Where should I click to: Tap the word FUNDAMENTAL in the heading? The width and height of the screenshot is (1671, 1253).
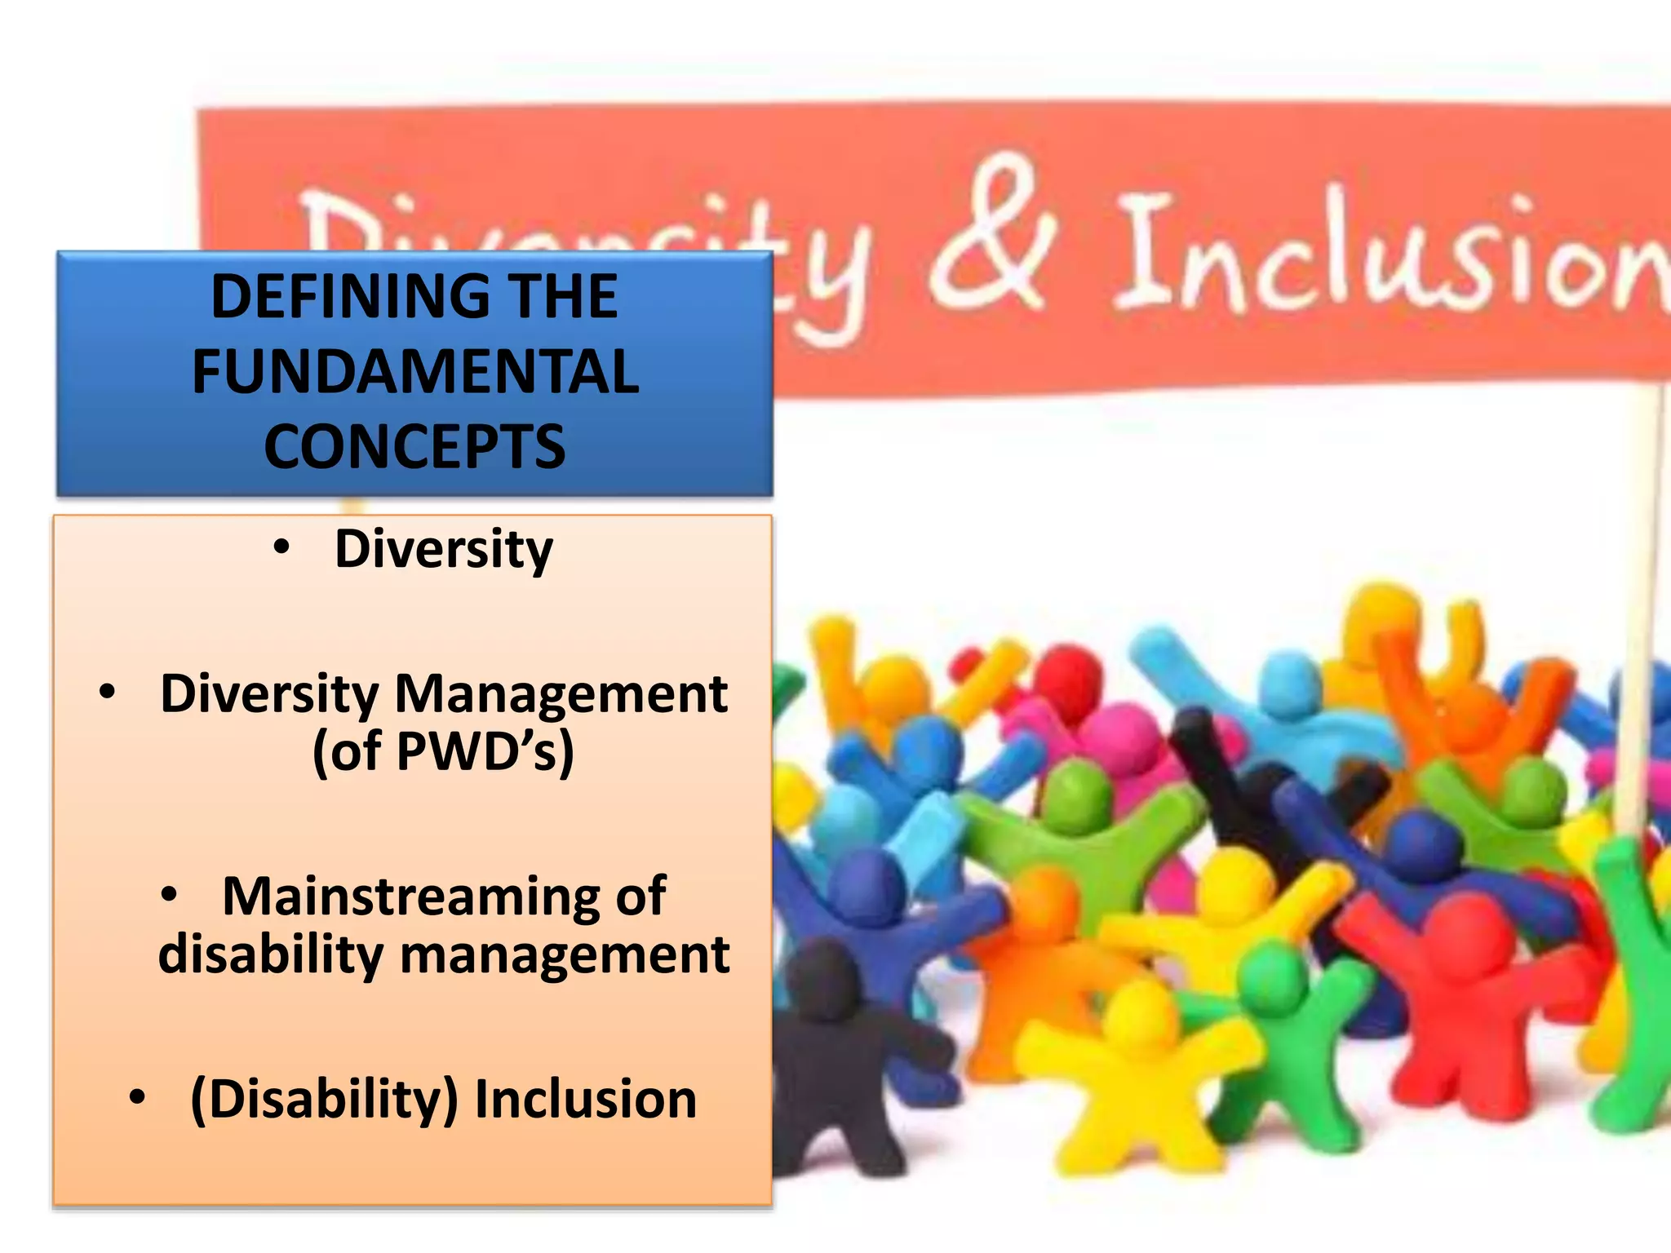pos(415,372)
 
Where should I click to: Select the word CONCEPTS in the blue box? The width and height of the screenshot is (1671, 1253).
pos(414,447)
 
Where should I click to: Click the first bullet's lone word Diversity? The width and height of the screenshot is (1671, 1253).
pos(444,549)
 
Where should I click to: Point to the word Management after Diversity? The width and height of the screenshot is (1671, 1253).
pos(561,694)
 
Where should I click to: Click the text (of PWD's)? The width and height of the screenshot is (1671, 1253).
pos(443,751)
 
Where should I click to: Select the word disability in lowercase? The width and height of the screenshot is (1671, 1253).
pos(270,954)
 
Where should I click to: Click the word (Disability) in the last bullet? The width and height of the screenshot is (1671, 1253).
pos(324,1099)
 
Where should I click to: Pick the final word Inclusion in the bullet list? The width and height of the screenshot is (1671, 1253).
pos(585,1099)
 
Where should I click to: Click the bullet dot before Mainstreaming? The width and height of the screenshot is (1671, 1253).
pos(169,896)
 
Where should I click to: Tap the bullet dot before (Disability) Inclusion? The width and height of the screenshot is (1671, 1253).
pos(137,1098)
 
